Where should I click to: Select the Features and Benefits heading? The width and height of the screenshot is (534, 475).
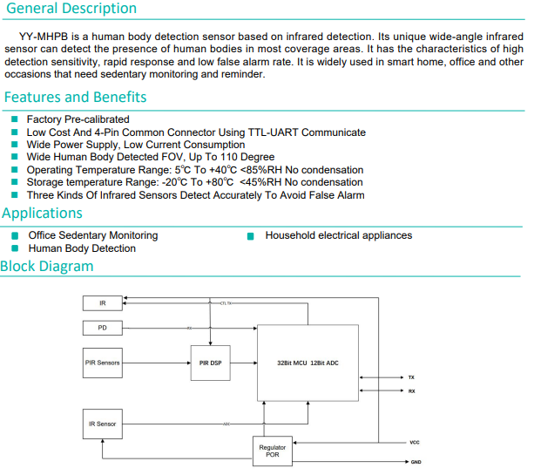tap(75, 97)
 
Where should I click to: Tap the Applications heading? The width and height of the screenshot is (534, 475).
tap(42, 214)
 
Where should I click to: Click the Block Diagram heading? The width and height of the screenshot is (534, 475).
tap(46, 267)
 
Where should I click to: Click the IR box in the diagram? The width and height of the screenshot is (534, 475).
tap(103, 303)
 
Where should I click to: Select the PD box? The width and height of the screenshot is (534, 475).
tap(103, 328)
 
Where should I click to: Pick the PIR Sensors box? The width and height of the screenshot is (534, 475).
tap(103, 363)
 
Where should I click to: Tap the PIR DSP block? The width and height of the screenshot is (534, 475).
tap(209, 363)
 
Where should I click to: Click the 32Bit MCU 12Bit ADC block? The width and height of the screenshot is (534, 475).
tap(308, 363)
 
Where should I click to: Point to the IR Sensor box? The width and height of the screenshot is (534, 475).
tap(103, 424)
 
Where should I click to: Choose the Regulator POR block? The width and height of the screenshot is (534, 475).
tap(273, 450)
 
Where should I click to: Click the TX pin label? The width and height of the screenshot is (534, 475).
tap(411, 377)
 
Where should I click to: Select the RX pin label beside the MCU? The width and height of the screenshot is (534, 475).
tap(411, 391)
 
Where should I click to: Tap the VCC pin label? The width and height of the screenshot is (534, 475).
tap(415, 443)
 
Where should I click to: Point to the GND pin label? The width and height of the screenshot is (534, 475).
tap(416, 462)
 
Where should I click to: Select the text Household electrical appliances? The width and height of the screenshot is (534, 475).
tap(338, 235)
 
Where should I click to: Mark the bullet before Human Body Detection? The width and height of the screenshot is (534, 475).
tap(16, 248)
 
